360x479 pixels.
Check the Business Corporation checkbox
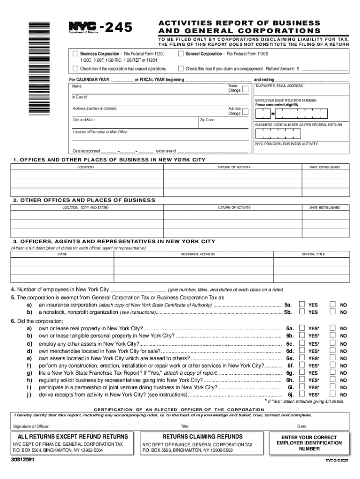75,54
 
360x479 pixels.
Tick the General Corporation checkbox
181,54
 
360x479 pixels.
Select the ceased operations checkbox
75,69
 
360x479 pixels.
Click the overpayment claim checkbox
181,69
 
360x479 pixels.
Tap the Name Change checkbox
245,88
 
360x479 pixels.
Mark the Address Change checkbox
245,111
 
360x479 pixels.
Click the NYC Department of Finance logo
84,27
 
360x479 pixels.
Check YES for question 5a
302,304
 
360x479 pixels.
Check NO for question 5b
332,312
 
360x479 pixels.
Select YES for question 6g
302,373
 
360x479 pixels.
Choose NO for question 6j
332,394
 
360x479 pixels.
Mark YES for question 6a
302,328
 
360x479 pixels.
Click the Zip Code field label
208,120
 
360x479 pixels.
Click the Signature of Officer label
32,426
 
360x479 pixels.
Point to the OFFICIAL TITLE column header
313,254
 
